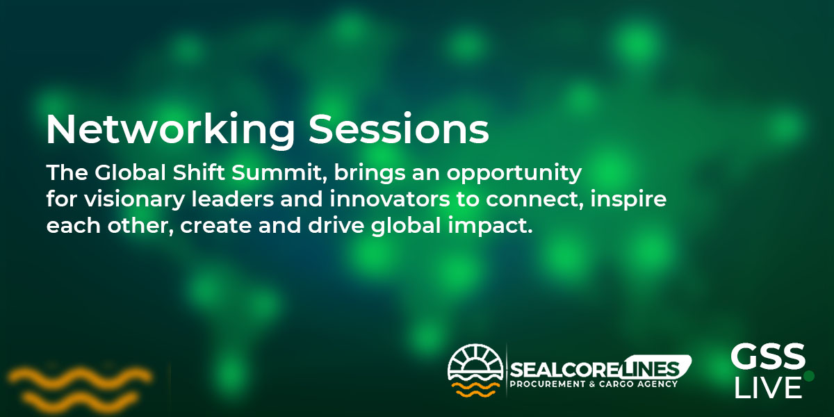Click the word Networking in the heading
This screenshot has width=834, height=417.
[x=170, y=129]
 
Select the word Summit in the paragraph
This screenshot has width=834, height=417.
[x=279, y=173]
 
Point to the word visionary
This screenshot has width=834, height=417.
[x=134, y=200]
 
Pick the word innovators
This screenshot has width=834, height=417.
[x=390, y=199]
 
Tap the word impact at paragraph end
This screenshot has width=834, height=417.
[x=491, y=227]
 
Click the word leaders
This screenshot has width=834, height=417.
[x=233, y=199]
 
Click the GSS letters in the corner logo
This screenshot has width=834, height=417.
[x=768, y=356]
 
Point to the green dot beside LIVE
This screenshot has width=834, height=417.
[x=809, y=376]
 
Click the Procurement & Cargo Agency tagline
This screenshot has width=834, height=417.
[x=594, y=384]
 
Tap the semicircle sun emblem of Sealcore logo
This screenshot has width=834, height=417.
[x=475, y=362]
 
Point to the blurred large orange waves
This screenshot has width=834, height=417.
[x=80, y=388]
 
